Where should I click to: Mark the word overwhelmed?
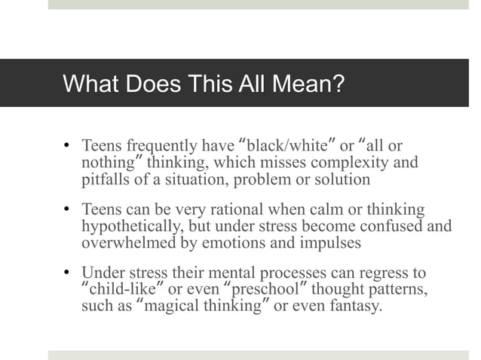coord(122,243)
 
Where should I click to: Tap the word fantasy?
coord(356,307)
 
